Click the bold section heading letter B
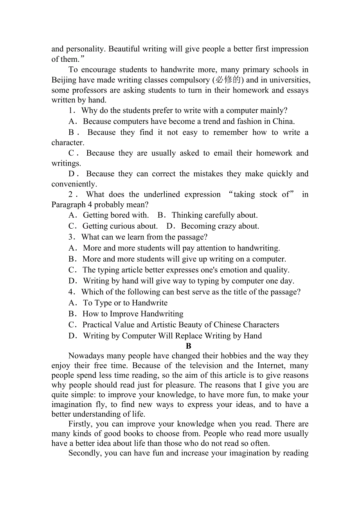(x=189, y=346)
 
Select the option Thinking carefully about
(x=214, y=215)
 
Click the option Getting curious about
(x=120, y=226)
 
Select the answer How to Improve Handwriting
(x=133, y=314)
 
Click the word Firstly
(x=81, y=424)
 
